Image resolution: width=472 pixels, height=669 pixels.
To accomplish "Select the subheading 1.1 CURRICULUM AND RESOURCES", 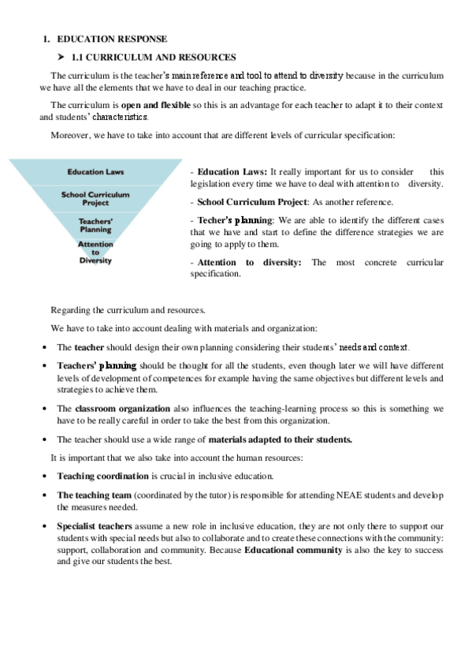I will point(153,57).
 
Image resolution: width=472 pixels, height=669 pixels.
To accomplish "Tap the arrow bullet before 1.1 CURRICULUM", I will point(61,57).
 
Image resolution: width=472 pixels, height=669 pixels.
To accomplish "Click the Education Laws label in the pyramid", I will point(95,171).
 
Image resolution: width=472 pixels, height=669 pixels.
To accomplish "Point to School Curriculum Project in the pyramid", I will point(95,198).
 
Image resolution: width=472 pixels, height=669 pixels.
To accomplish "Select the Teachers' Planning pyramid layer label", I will point(95,225).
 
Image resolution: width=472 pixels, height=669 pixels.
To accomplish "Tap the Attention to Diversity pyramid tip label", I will point(95,252).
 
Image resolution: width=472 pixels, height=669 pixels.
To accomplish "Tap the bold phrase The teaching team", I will point(94,495).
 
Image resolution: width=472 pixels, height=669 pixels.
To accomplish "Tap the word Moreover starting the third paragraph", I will point(70,136).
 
